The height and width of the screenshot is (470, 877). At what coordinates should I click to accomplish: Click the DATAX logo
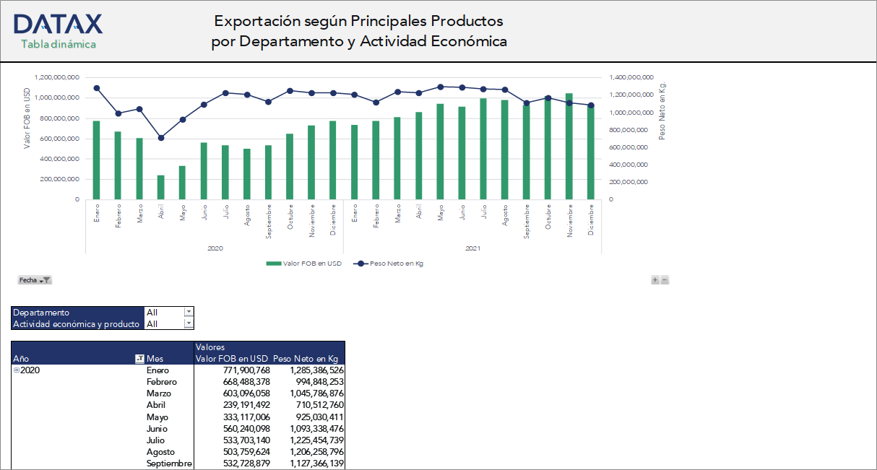[58, 25]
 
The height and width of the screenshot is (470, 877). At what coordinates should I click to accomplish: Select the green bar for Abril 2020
[161, 187]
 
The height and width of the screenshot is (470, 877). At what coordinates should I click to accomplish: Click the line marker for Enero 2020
[96, 88]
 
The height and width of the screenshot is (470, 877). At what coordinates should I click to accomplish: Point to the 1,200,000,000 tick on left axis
[56, 77]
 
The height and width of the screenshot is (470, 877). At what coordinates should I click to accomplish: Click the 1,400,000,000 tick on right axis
[632, 77]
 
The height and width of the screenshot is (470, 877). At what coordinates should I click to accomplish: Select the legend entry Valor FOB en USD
[303, 264]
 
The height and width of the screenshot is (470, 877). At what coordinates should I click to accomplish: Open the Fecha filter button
[35, 279]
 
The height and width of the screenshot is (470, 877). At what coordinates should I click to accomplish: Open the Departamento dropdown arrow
[189, 312]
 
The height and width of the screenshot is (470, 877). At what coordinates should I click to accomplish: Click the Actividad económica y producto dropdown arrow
[189, 323]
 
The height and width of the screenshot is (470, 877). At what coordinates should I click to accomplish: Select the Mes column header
[155, 359]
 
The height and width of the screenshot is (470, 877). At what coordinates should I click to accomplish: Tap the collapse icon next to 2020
[17, 370]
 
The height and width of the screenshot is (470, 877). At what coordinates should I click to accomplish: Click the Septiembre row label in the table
[169, 463]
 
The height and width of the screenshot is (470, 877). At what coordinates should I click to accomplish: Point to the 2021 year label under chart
[472, 248]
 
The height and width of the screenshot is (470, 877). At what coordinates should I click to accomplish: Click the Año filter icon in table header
[139, 359]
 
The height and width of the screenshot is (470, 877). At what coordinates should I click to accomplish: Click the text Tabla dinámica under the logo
[58, 45]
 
